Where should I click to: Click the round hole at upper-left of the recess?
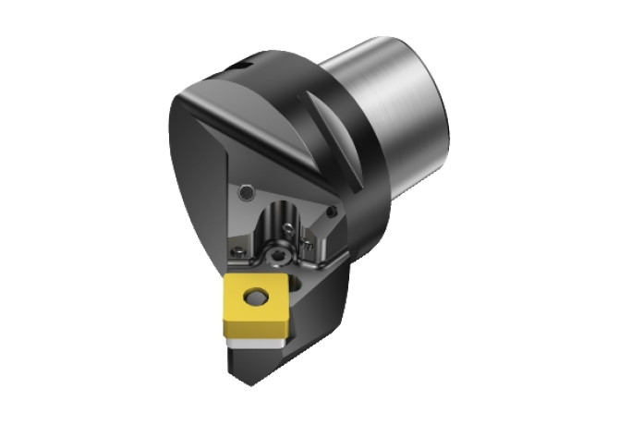coord(247,192)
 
